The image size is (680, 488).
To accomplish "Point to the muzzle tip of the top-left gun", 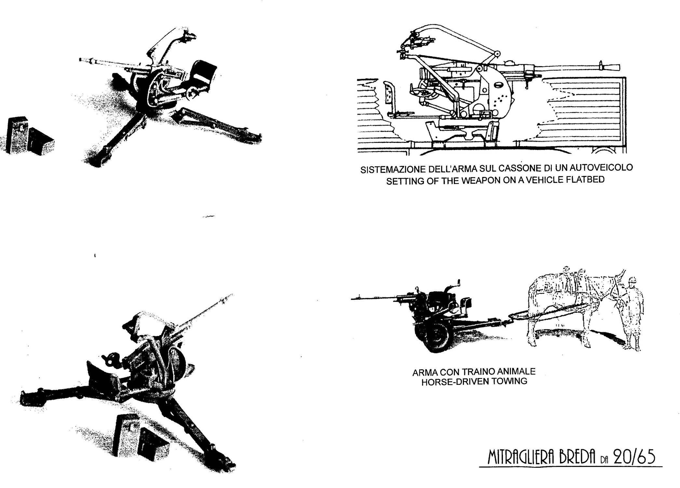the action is pyautogui.click(x=80, y=60).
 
